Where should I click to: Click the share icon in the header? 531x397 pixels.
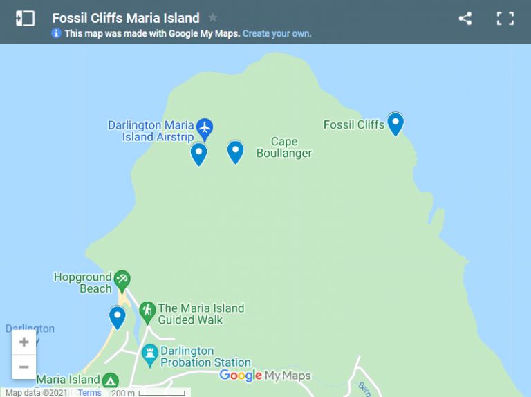(x=465, y=19)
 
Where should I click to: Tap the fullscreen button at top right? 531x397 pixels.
(x=505, y=19)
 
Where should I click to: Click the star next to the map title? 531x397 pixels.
(x=213, y=18)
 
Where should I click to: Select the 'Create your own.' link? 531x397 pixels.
(x=277, y=33)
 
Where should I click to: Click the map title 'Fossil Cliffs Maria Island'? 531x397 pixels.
(x=125, y=18)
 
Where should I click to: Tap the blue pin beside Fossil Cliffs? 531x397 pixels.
(x=395, y=124)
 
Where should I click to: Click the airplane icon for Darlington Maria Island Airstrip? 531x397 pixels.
(x=204, y=127)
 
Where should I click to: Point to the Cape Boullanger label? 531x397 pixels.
(x=284, y=147)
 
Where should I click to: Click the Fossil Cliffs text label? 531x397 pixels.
(x=354, y=124)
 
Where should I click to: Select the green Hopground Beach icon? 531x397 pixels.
(x=122, y=279)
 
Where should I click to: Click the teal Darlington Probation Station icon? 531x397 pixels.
(x=149, y=356)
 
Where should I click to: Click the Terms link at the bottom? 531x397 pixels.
(x=89, y=392)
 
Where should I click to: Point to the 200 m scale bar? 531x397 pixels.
(x=149, y=393)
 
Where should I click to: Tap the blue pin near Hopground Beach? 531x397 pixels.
(x=118, y=317)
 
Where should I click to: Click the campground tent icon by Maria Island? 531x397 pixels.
(x=110, y=381)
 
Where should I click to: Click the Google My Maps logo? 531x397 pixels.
(x=265, y=376)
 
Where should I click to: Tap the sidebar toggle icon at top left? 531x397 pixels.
(x=25, y=19)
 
